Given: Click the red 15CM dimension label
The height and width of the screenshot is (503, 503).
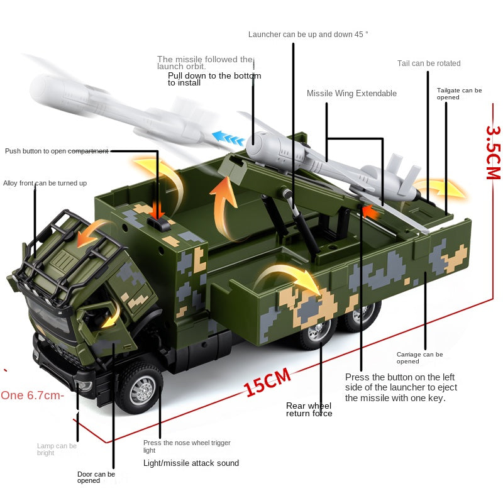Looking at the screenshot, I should click(x=268, y=383).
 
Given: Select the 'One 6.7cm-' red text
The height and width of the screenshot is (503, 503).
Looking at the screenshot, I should click(x=32, y=395).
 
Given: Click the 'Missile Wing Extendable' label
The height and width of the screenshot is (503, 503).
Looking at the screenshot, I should click(x=351, y=94).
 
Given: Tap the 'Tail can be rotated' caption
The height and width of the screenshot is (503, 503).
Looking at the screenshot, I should click(x=429, y=64).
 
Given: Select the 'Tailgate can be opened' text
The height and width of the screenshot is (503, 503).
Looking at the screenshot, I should click(x=459, y=94).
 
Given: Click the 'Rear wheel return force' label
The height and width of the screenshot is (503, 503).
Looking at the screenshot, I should click(x=309, y=410).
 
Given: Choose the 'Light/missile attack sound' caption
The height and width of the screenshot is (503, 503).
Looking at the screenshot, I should click(x=191, y=463).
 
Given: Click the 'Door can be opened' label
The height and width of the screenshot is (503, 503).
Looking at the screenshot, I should click(x=96, y=477).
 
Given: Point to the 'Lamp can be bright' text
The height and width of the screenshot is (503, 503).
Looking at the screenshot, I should click(x=57, y=449).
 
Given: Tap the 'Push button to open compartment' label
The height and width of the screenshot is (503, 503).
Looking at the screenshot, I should click(x=57, y=151).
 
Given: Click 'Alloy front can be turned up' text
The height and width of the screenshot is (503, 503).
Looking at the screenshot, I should click(x=45, y=183).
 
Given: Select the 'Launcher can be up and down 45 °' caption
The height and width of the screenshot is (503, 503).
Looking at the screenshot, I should click(x=308, y=35).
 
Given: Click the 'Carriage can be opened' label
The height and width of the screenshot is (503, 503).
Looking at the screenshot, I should click(x=419, y=358).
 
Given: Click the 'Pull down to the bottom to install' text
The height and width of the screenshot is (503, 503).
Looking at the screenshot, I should click(x=214, y=79).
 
